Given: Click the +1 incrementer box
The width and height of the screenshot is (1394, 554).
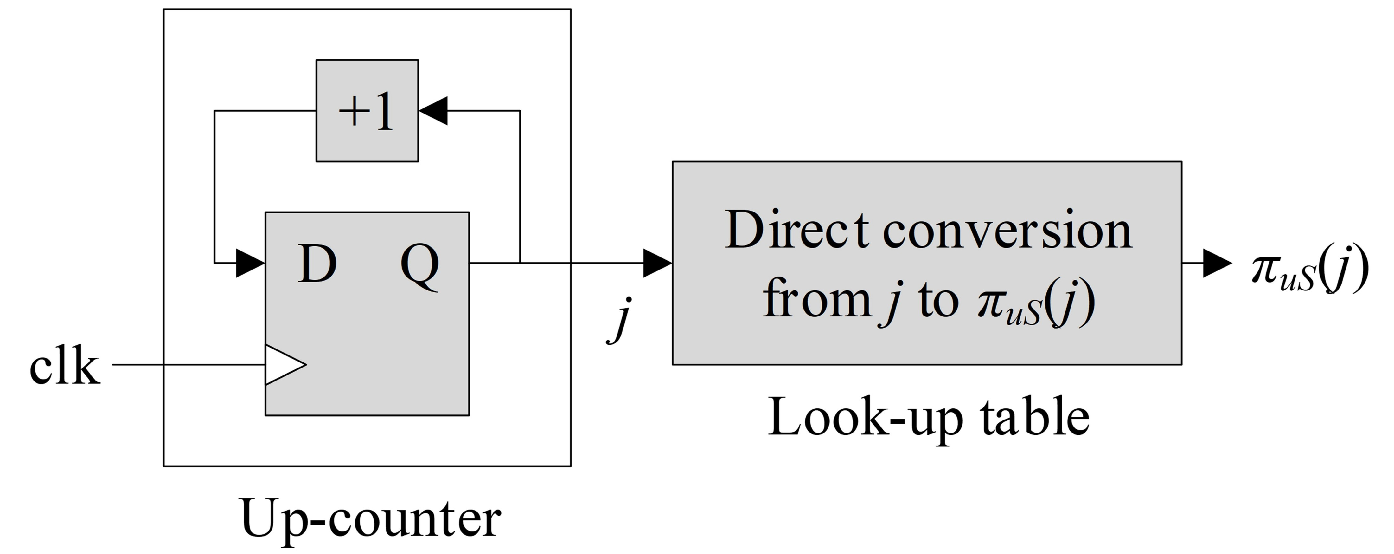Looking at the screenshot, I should (367, 110).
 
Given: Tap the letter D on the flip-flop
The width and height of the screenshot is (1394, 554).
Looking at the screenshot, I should (317, 264).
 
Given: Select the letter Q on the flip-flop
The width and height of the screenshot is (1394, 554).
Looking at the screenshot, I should (419, 265).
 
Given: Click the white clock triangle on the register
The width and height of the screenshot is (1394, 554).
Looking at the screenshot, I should (283, 364).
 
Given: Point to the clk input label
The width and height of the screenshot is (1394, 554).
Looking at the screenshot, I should (65, 367).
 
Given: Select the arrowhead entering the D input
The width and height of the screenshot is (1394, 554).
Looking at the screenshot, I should (250, 263).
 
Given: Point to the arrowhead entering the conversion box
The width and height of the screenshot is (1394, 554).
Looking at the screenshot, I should (657, 263).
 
